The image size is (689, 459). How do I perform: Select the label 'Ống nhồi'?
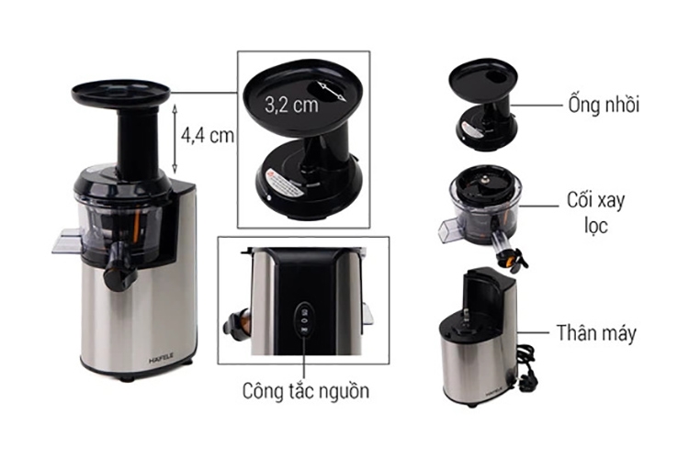pyautogui.click(x=603, y=104)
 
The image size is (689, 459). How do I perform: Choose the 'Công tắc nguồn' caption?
pyautogui.click(x=307, y=390)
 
